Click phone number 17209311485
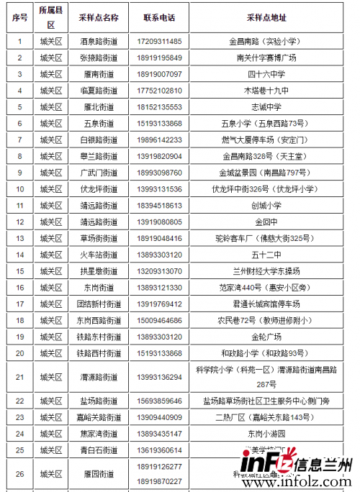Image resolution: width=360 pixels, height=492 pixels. pyautogui.click(x=159, y=42)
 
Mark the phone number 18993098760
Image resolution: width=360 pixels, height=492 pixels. pyautogui.click(x=159, y=173)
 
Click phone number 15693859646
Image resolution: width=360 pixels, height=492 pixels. pyautogui.click(x=159, y=401)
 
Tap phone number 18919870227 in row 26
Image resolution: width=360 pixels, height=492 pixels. pyautogui.click(x=159, y=481)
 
